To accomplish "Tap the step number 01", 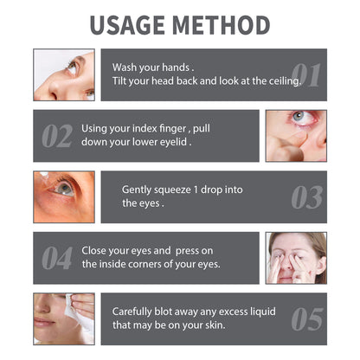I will pyautogui.click(x=306, y=76).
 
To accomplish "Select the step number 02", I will pyautogui.click(x=56, y=137).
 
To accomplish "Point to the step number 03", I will pyautogui.click(x=306, y=197).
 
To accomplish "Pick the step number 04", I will pyautogui.click(x=56, y=258).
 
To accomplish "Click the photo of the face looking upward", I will pyautogui.click(x=64, y=75).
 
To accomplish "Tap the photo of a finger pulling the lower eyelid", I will pyautogui.click(x=296, y=136).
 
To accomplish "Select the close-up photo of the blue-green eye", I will pyautogui.click(x=64, y=196).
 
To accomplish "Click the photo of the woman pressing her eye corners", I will pyautogui.click(x=296, y=257).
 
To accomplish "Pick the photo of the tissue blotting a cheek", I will pyautogui.click(x=64, y=318).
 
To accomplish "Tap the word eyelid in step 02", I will pyautogui.click(x=174, y=143).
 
